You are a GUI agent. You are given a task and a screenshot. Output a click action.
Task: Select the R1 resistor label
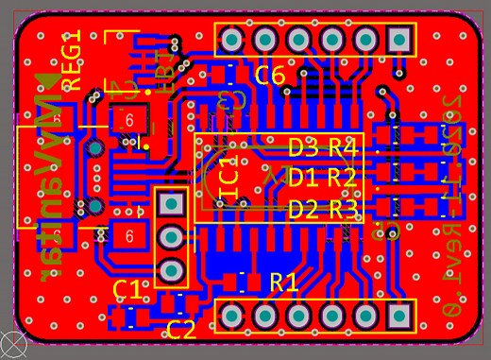[x=283, y=282]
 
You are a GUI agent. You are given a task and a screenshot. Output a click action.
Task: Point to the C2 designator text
[x=181, y=330]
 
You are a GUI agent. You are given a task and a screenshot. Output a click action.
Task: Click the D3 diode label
[x=303, y=147]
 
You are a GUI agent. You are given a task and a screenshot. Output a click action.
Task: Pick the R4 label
[x=342, y=147]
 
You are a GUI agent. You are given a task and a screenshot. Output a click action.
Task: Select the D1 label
[x=303, y=177]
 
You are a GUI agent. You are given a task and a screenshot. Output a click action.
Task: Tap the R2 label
[x=342, y=177]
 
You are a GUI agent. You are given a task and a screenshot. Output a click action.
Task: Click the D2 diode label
[x=303, y=208]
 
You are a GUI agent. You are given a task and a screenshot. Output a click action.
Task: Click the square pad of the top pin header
[x=398, y=40]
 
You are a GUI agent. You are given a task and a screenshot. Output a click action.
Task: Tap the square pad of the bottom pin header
[x=398, y=315]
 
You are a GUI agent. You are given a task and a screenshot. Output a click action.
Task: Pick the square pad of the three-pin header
[x=171, y=203]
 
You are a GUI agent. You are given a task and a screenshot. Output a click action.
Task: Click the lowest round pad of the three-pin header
[x=171, y=270]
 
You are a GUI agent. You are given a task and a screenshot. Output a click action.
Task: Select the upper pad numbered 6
[x=128, y=121]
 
